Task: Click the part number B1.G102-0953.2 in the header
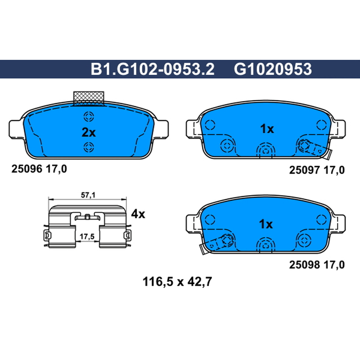[x=153, y=69]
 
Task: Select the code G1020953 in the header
[x=273, y=69]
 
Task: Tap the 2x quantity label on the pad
[x=89, y=132]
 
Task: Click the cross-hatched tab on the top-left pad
[x=89, y=99]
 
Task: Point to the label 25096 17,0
[x=39, y=169]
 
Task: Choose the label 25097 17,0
[x=317, y=170]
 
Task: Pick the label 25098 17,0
[x=317, y=265]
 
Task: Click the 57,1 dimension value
[x=88, y=195]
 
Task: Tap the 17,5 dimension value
[x=87, y=237]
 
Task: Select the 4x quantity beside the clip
[x=138, y=214]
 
